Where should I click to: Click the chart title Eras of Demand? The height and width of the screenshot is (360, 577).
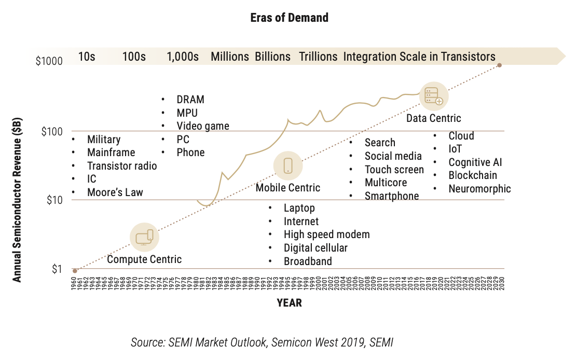point(289,18)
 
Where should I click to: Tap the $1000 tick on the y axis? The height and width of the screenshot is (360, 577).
point(49,61)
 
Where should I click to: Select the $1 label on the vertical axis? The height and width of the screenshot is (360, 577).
point(57,269)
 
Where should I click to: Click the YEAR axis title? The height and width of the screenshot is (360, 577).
point(289,303)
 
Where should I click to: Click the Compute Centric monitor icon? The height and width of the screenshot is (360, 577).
point(144,237)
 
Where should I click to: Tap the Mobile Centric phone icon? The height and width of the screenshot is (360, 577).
point(288,165)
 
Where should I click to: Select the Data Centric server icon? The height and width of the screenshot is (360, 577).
point(434,96)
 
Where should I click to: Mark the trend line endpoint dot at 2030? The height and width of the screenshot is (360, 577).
point(499,65)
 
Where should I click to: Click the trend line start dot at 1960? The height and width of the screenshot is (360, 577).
point(75,271)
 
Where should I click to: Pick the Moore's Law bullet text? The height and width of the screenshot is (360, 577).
point(115,192)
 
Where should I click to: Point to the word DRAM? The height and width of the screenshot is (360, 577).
point(190,100)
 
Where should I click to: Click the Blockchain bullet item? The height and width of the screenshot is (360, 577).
point(473,175)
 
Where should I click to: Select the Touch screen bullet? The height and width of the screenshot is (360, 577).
point(394,170)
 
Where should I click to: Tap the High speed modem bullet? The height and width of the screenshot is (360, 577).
point(326,234)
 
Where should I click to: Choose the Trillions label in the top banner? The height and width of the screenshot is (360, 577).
point(318,57)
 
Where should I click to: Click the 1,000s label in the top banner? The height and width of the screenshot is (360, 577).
point(183,57)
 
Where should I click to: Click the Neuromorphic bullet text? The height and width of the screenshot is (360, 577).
point(479,189)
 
